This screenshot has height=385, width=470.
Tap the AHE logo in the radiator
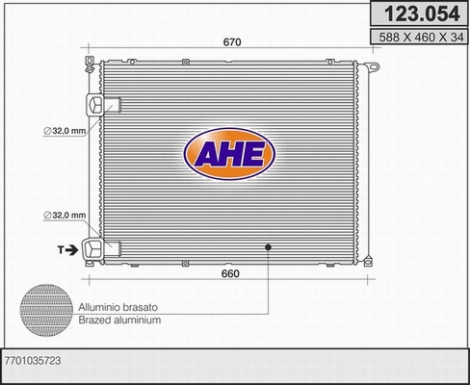(x=229, y=155)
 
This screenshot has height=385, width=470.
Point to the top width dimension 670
(x=231, y=42)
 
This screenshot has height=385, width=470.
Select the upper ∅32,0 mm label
(x=65, y=131)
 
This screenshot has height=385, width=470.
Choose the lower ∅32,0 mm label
(x=65, y=215)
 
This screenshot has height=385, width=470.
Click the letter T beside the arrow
(x=60, y=249)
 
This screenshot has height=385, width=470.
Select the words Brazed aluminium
(x=121, y=320)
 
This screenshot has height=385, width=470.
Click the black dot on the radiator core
(x=269, y=247)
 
